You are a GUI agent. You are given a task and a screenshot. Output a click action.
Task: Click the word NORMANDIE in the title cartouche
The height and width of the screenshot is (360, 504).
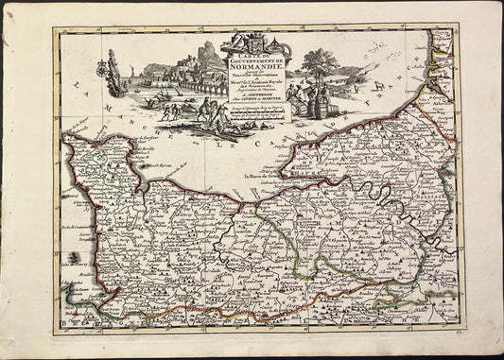tap(252, 69)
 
